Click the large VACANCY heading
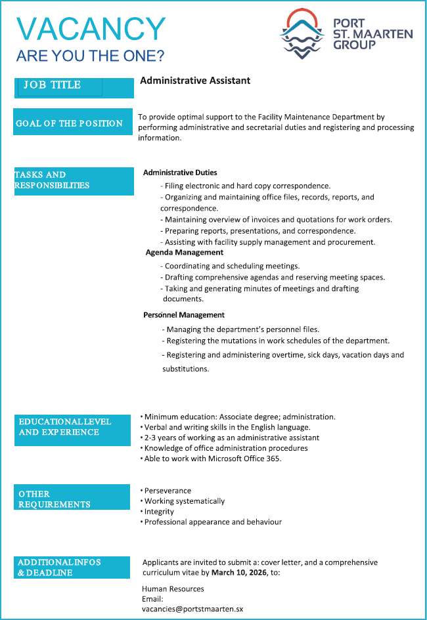(x=91, y=29)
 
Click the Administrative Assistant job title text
(x=195, y=81)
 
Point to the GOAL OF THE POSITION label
(x=70, y=123)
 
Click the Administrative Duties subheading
(x=180, y=173)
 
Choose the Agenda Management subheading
(x=185, y=253)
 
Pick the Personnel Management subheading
(x=184, y=315)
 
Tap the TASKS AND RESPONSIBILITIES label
(x=52, y=180)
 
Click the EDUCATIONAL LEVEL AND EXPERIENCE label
(x=65, y=426)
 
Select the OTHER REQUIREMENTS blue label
(x=55, y=499)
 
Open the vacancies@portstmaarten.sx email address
(x=192, y=609)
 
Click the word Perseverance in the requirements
(x=168, y=491)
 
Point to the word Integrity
(x=159, y=512)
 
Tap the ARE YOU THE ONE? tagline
(x=90, y=56)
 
